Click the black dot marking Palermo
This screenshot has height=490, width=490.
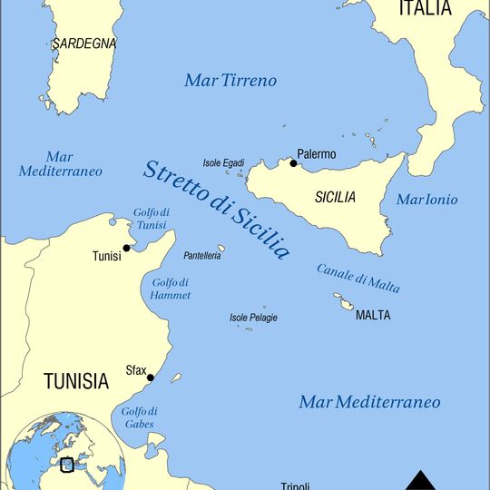(293, 163)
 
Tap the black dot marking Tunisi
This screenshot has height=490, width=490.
(127, 248)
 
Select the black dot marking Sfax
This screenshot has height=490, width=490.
(151, 378)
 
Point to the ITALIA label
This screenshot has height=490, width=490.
(424, 9)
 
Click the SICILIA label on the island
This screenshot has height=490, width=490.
(335, 197)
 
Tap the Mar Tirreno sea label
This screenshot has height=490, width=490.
(230, 81)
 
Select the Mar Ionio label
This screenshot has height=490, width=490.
(426, 200)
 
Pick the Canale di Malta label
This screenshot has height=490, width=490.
(358, 278)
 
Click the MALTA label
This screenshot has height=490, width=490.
(373, 316)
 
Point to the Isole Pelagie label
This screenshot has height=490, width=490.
(253, 318)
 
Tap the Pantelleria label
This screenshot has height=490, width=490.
(202, 257)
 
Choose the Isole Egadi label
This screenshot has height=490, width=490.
(223, 162)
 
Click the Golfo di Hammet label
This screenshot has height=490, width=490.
(171, 289)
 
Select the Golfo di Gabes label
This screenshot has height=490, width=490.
(139, 417)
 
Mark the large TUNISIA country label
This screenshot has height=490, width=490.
(76, 381)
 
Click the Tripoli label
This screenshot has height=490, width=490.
(296, 485)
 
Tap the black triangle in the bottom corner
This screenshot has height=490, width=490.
(419, 480)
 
